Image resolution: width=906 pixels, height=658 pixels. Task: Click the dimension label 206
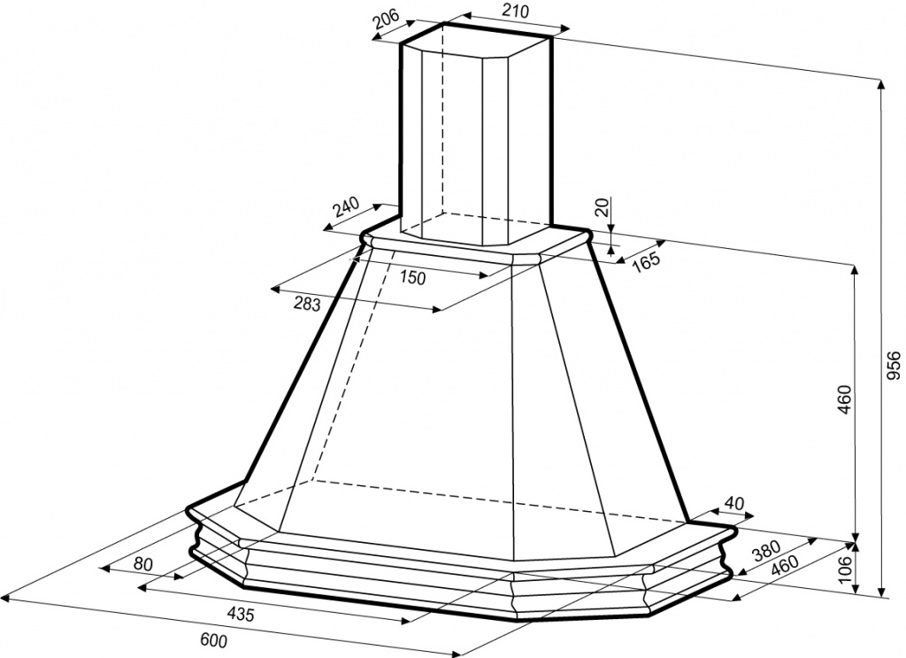coord(387,19)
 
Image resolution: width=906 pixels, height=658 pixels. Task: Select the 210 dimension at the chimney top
coord(516,11)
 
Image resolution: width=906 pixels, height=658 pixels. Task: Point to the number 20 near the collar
coord(603,207)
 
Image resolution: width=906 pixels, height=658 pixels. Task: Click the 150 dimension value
coord(412,278)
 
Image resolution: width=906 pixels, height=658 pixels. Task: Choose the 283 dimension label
coord(307,303)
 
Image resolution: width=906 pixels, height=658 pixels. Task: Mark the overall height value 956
coord(894,366)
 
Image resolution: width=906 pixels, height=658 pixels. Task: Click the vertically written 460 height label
coord(844,399)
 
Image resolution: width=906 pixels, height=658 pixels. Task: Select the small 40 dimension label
coord(733,503)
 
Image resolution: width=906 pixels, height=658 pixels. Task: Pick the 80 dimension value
coord(142,564)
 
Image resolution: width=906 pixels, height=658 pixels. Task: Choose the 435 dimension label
coord(240,614)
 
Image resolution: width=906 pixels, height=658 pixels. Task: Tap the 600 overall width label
coord(214,640)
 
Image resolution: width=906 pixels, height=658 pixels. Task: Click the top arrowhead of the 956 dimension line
coord(881,84)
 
